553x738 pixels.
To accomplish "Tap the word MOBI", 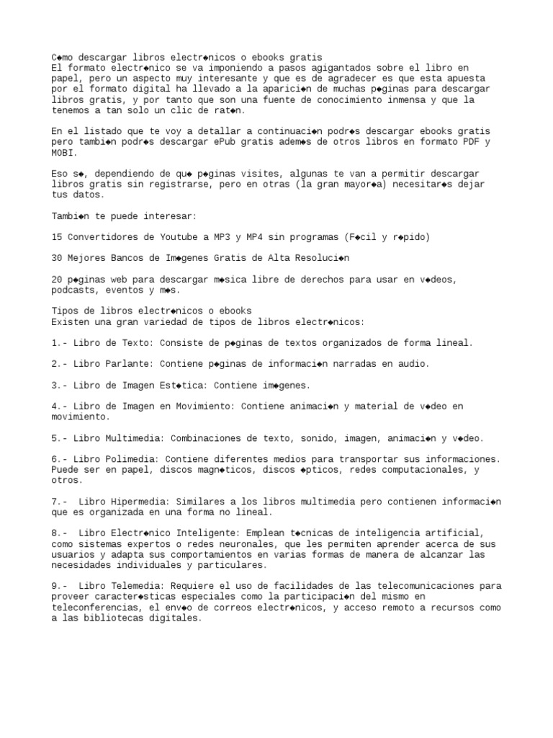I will point(63,153).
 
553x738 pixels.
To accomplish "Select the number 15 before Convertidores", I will point(57,236).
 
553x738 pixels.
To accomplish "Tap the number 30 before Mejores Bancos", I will point(57,257).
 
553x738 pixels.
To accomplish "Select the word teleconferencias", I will point(96,607).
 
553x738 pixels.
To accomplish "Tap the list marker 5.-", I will point(60,437).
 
